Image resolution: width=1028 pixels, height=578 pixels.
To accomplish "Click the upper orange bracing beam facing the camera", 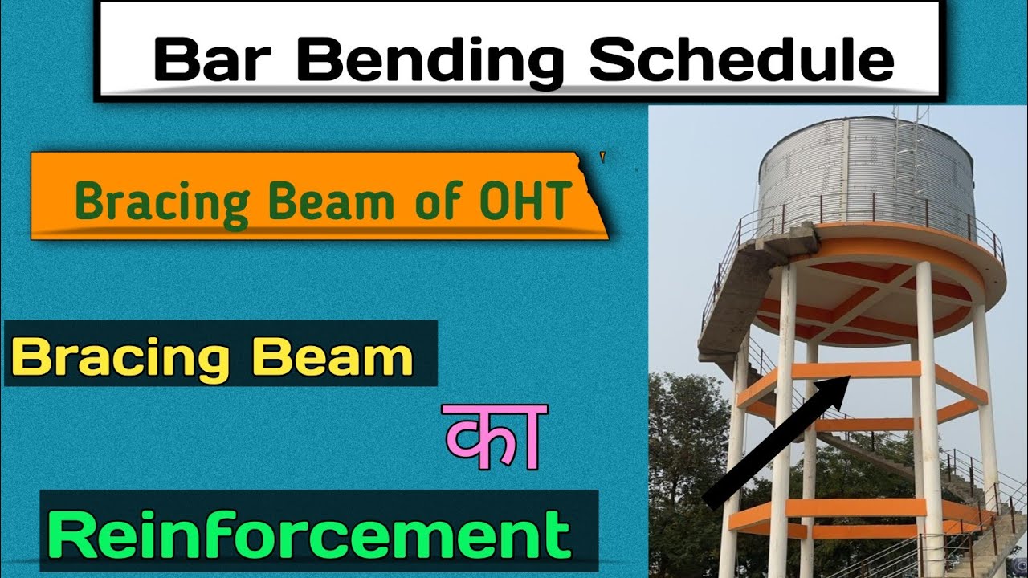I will point(855,370).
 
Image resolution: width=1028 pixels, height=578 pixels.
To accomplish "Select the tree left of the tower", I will point(683,450).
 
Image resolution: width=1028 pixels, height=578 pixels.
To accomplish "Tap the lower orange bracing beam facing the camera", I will point(855,507).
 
